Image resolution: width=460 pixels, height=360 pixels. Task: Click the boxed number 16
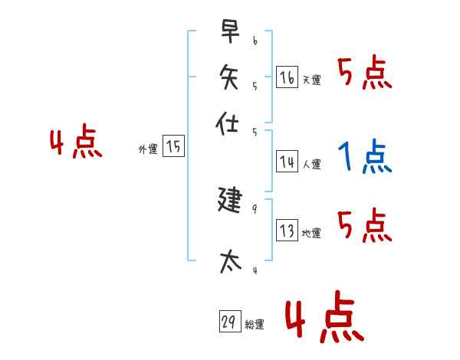(x=287, y=77)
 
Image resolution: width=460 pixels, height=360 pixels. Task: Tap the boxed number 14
(x=287, y=162)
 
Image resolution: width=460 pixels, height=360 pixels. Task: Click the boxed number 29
(x=228, y=322)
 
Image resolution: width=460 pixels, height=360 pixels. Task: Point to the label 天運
(x=311, y=80)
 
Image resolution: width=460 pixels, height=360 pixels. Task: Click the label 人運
(x=311, y=164)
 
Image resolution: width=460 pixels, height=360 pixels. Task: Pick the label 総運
(x=254, y=325)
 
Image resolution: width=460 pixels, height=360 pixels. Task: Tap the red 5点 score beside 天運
(x=365, y=74)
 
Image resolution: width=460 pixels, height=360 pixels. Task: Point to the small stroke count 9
(x=254, y=208)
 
